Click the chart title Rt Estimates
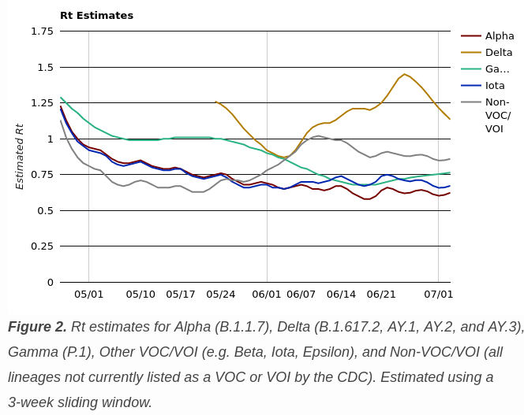pos(96,16)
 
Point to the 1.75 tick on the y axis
pos(42,31)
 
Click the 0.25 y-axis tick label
pos(42,246)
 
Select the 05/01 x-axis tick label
pos(88,295)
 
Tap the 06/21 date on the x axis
pos(381,295)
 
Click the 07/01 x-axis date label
pos(438,295)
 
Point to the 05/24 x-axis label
pos(220,295)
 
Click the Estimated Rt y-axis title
pos(21,156)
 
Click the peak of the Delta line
pos(404,74)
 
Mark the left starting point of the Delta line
pos(215,102)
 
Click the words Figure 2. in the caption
pos(37,327)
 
